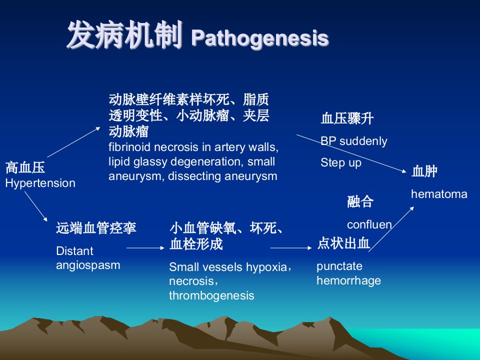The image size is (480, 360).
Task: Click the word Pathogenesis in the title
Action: pyautogui.click(x=260, y=38)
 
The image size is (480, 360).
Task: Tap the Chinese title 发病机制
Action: pyautogui.click(x=124, y=35)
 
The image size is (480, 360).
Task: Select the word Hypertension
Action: pyautogui.click(x=40, y=183)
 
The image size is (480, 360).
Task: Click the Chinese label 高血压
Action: pyautogui.click(x=25, y=168)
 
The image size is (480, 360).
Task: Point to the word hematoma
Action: pyautogui.click(x=439, y=194)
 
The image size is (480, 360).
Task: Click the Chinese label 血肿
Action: pyautogui.click(x=424, y=171)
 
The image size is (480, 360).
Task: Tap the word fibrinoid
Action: pyautogui.click(x=129, y=147)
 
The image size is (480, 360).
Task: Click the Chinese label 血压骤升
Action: pyautogui.click(x=347, y=118)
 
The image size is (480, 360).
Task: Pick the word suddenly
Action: pyautogui.click(x=363, y=141)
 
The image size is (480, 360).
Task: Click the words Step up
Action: pyautogui.click(x=340, y=162)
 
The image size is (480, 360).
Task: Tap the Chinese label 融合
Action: pyautogui.click(x=360, y=201)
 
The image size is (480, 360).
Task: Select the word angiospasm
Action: pyautogui.click(x=88, y=265)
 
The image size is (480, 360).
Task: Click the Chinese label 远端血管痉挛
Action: pyautogui.click(x=96, y=228)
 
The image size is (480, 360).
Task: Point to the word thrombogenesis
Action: pyautogui.click(x=211, y=295)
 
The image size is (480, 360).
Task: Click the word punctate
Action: pyautogui.click(x=339, y=266)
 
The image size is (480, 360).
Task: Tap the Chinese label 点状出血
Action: pyautogui.click(x=343, y=243)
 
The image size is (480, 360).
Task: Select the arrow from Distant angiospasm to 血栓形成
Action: pyautogui.click(x=145, y=247)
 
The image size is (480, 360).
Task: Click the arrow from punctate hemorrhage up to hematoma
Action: pyautogui.click(x=391, y=229)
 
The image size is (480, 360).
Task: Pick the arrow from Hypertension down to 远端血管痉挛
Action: pyautogui.click(x=36, y=206)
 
